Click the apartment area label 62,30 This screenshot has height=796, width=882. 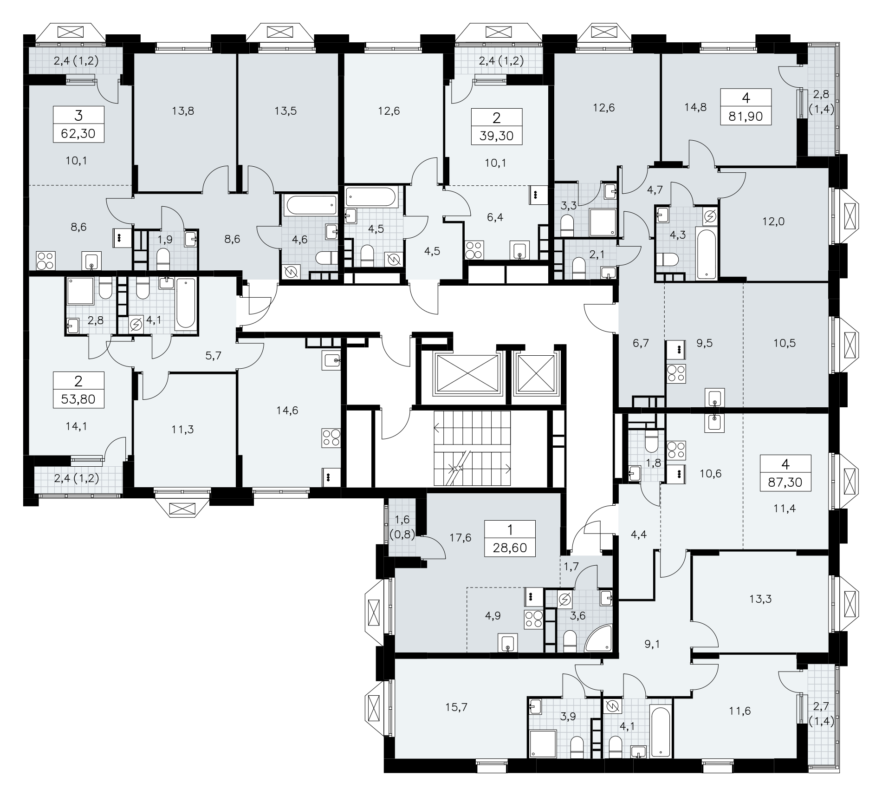point(78,134)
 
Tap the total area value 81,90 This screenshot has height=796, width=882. point(746,117)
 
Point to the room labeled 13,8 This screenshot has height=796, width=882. point(182,111)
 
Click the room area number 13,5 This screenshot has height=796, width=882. point(286,111)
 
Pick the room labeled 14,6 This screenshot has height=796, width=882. point(287,410)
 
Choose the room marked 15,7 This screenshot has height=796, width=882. point(456,707)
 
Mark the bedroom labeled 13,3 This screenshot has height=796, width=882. point(760,599)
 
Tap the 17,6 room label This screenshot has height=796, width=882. point(460,537)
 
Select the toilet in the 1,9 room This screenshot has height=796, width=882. point(163,259)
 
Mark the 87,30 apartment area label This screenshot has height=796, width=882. point(785,483)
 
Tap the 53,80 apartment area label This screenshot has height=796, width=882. point(78,399)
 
